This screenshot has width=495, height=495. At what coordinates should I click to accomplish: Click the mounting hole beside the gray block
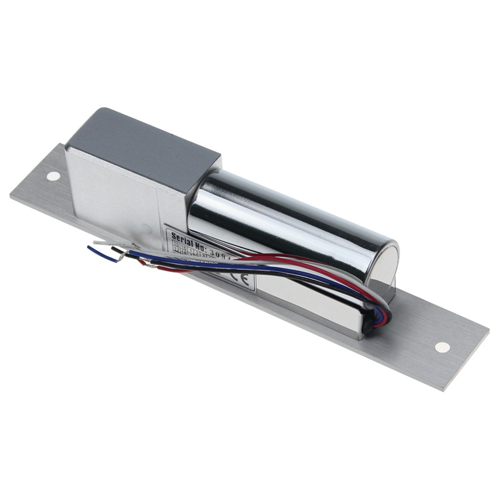pyautogui.click(x=54, y=176)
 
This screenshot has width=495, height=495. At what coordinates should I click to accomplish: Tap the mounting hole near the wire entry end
pyautogui.click(x=442, y=347)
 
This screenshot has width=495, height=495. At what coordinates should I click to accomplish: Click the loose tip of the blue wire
pyautogui.click(x=90, y=248)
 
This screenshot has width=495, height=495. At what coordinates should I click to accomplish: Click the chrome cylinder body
pyautogui.click(x=291, y=217)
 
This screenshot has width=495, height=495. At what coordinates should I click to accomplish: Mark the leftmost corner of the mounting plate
pyautogui.click(x=11, y=195)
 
